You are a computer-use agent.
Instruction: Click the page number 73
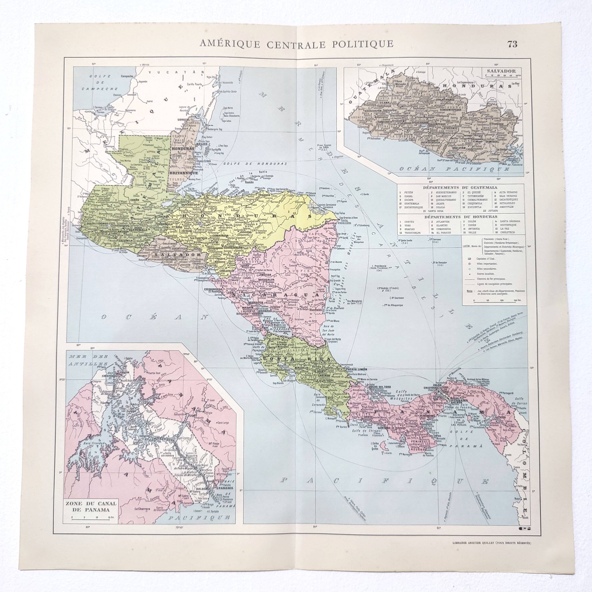[512, 44]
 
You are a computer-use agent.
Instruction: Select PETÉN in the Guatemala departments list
[409, 192]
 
